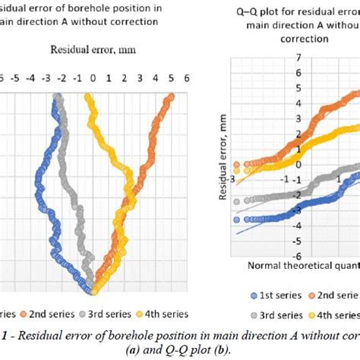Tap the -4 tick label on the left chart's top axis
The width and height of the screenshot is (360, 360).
(x=30, y=77)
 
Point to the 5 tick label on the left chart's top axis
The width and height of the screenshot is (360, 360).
(x=171, y=77)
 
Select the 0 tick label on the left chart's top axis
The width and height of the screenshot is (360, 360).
(x=93, y=77)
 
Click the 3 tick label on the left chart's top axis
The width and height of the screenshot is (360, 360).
(x=140, y=77)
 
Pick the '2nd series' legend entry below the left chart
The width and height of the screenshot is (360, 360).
(x=55, y=313)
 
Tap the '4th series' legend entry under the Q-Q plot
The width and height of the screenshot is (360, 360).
(x=328, y=313)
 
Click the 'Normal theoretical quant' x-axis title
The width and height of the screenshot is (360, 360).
(x=302, y=267)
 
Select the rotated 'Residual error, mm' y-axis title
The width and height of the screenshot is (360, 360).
(x=223, y=166)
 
